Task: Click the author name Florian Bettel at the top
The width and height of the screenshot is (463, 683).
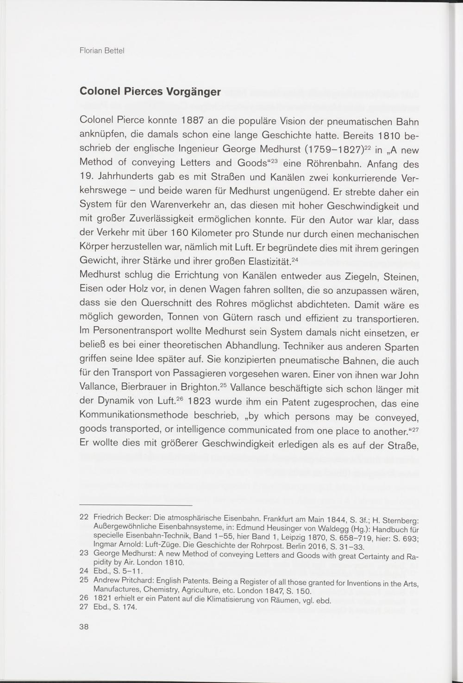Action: click(101, 50)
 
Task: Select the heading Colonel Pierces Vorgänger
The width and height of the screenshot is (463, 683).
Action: click(150, 91)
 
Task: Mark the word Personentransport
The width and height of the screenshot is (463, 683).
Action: click(132, 332)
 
